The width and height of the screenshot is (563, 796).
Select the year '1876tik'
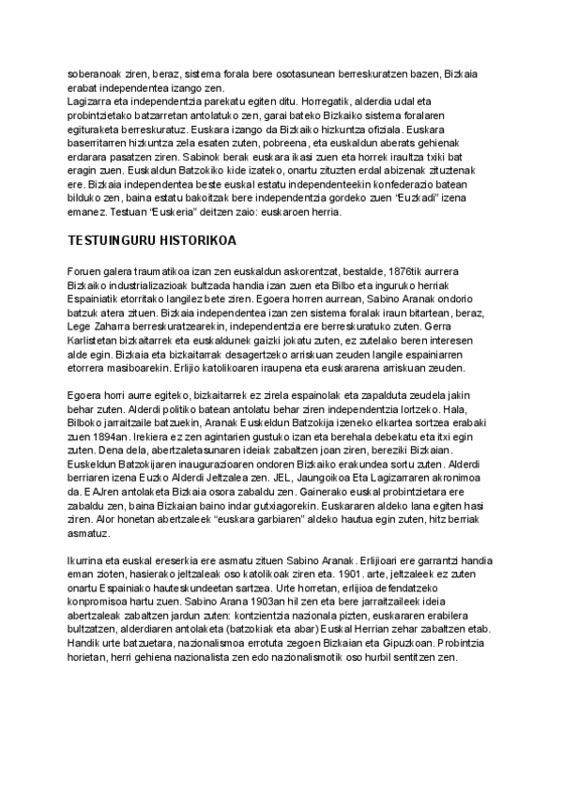(x=405, y=269)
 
